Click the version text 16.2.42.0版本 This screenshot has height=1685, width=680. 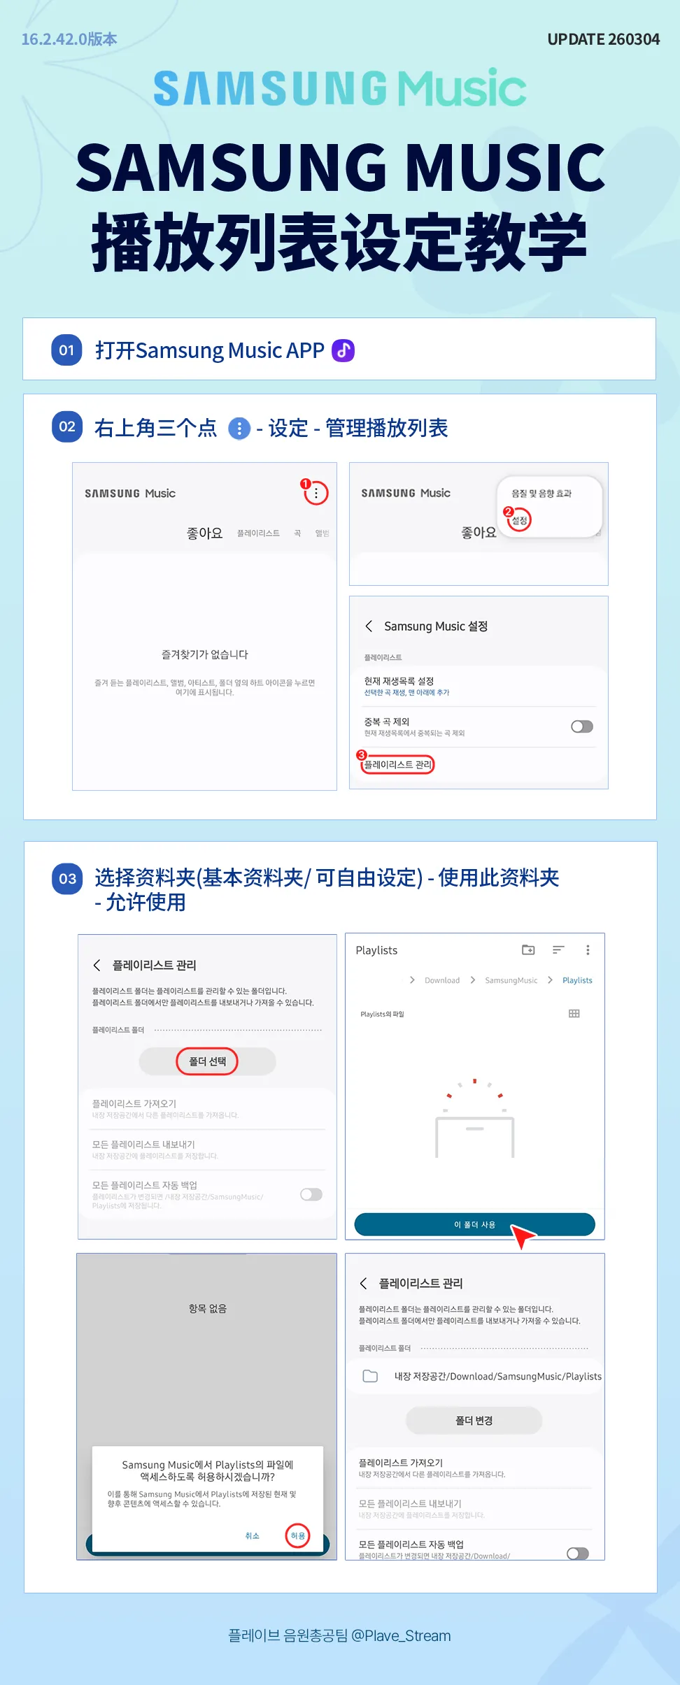69,39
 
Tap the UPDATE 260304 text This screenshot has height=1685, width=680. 603,39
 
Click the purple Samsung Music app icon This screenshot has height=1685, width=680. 343,350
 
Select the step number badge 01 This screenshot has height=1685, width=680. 66,350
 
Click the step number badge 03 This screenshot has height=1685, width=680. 67,879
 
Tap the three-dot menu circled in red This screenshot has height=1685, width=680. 316,493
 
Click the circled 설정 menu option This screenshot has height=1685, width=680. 519,520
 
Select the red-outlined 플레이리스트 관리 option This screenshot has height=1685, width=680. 397,764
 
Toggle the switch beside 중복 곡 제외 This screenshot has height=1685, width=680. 581,726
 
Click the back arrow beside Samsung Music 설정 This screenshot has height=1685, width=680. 369,626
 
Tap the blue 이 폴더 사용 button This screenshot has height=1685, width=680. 474,1224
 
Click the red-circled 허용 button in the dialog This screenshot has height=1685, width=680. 298,1535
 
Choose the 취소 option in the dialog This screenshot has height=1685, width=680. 252,1535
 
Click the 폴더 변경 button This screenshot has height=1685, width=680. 474,1421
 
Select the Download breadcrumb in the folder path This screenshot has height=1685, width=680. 441,980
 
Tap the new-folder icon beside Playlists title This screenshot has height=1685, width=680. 528,949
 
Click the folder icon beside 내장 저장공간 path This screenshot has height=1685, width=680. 370,1376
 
